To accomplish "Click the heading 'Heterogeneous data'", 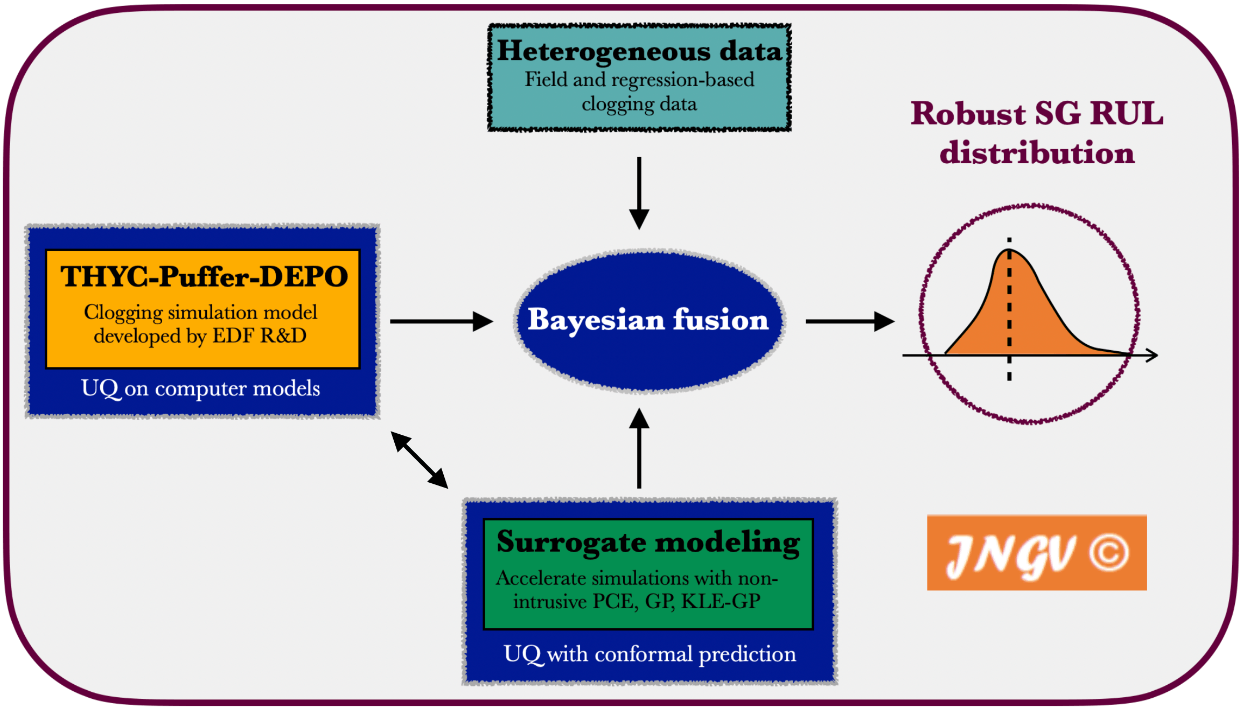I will [x=639, y=51].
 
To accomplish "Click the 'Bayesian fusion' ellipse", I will [x=648, y=320].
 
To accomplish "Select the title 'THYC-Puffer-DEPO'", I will [x=204, y=277].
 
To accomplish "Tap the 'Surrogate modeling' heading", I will [x=648, y=542].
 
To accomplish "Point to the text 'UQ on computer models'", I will [x=200, y=388].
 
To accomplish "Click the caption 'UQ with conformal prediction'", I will [x=650, y=654].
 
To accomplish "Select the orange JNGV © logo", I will [x=1036, y=553].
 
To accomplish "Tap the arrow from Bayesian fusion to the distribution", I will [x=849, y=321].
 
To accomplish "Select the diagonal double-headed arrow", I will [x=420, y=460].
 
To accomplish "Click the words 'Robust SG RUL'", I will [x=1037, y=114].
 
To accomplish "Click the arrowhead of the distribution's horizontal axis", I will [x=1152, y=355].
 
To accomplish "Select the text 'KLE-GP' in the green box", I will [x=721, y=601].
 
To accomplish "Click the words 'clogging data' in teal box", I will [x=639, y=103].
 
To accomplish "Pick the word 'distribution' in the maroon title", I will [x=1037, y=152].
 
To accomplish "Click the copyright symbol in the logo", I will [x=1108, y=553].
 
